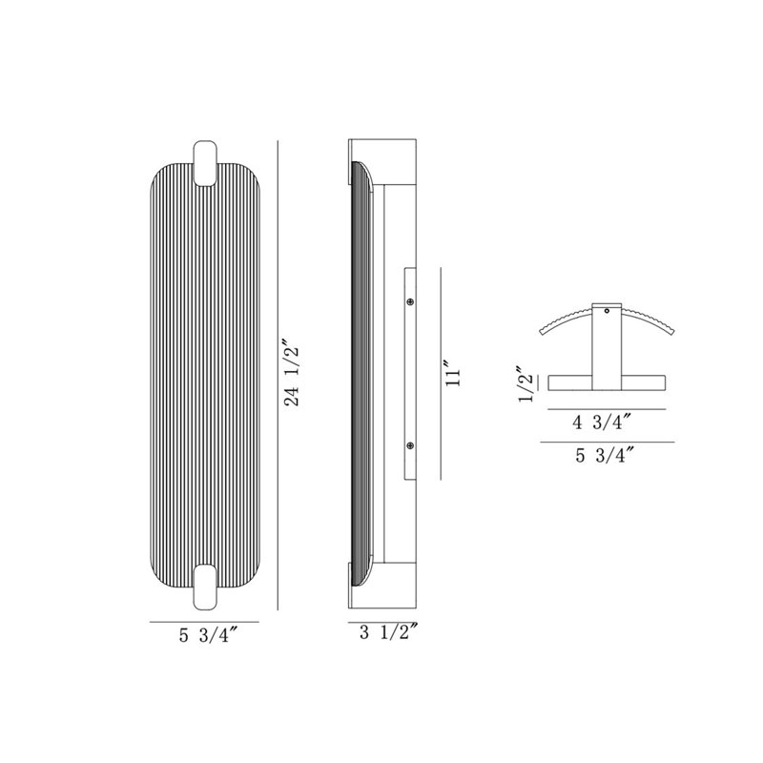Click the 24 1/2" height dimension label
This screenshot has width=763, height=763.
[293, 376]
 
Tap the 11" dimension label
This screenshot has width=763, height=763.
[452, 374]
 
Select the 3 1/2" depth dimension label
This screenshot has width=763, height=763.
[389, 633]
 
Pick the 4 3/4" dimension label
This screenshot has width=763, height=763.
[603, 423]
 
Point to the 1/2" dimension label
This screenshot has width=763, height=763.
[526, 384]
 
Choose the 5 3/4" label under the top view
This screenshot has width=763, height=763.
[606, 456]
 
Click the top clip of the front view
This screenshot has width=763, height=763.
[205, 163]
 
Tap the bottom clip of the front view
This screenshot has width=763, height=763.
[205, 587]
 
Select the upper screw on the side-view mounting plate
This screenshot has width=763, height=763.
[410, 302]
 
